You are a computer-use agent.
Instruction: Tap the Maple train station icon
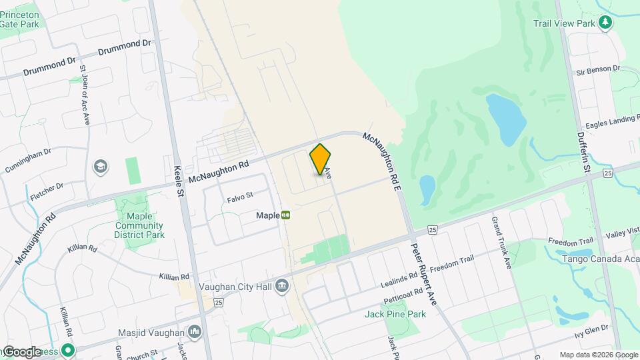(x=285, y=215)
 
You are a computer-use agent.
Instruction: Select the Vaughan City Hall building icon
(x=282, y=286)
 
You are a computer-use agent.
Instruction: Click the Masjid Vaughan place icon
(x=195, y=331)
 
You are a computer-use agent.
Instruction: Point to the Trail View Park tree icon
(x=605, y=23)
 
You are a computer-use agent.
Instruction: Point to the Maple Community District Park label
(x=139, y=226)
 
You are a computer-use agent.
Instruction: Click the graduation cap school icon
(x=100, y=166)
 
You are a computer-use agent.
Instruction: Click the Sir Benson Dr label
(x=598, y=69)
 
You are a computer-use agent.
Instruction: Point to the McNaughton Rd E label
(x=381, y=155)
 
